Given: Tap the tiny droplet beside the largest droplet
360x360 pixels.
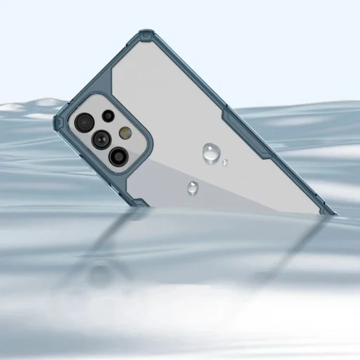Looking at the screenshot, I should click(x=224, y=162).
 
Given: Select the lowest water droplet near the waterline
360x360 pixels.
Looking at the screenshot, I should click(x=193, y=187).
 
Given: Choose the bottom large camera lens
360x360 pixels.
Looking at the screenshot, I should click(x=118, y=155).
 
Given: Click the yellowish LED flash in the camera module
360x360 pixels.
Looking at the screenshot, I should click(x=127, y=132).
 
